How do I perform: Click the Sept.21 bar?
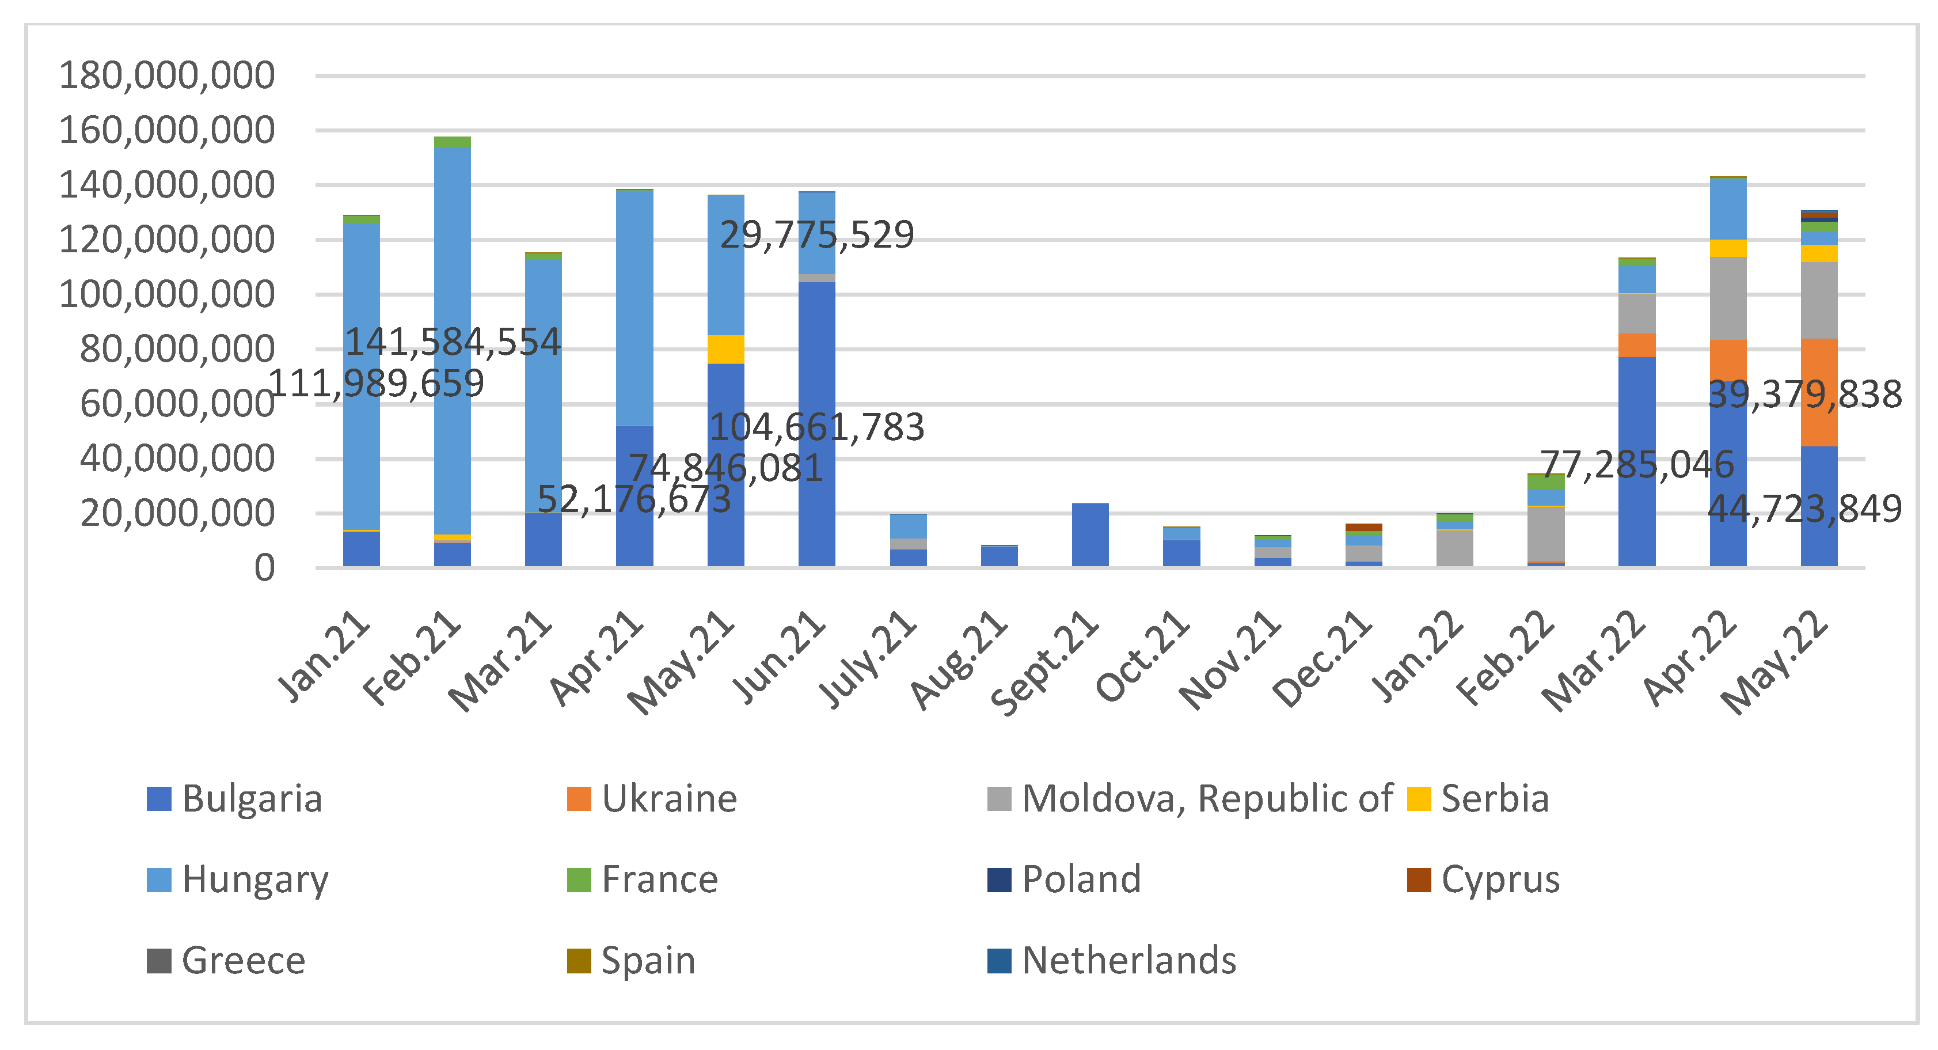1089,535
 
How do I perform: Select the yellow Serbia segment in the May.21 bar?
725,349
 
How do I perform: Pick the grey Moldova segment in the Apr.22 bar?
1727,298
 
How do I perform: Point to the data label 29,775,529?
816,235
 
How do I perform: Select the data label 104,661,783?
816,427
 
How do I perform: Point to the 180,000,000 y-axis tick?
166,75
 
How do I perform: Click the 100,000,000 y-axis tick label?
166,294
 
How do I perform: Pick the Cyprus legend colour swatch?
1418,879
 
